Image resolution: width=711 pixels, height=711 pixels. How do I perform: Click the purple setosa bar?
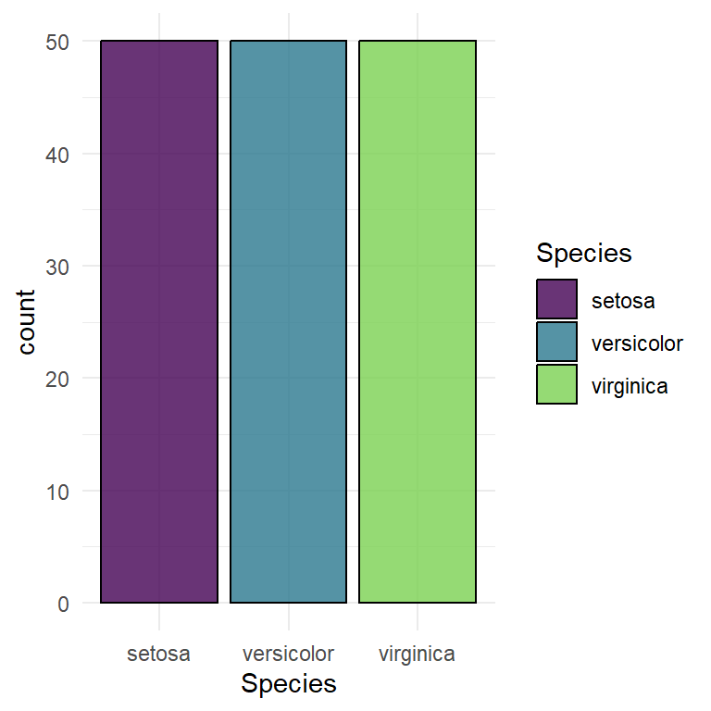pyautogui.click(x=158, y=322)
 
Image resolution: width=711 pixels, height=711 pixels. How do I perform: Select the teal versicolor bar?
pyautogui.click(x=288, y=322)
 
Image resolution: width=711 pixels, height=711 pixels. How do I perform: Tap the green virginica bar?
pyautogui.click(x=418, y=322)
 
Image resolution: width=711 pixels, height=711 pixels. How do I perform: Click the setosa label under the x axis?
pyautogui.click(x=158, y=654)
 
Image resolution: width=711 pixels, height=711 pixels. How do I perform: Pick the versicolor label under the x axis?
pyautogui.click(x=288, y=654)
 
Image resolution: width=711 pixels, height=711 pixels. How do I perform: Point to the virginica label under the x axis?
pyautogui.click(x=418, y=654)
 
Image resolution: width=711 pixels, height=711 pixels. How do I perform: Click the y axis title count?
pyautogui.click(x=27, y=322)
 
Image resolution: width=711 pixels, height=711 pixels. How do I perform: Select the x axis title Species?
pyautogui.click(x=288, y=684)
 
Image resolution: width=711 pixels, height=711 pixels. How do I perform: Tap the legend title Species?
pyautogui.click(x=583, y=253)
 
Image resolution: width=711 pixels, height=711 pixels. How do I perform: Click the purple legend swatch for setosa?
pyautogui.click(x=556, y=299)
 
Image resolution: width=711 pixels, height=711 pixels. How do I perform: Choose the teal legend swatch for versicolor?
pyautogui.click(x=556, y=342)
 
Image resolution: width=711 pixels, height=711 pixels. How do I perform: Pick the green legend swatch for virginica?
pyautogui.click(x=556, y=384)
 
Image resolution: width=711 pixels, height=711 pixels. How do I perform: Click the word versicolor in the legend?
pyautogui.click(x=636, y=343)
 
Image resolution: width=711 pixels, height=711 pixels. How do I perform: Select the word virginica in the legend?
pyautogui.click(x=630, y=386)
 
